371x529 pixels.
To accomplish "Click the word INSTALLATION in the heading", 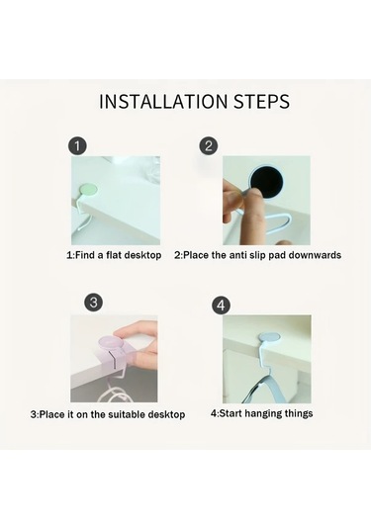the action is coord(163,101).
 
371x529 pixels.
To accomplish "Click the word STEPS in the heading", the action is coord(261,101).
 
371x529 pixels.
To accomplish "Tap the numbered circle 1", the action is coord(77,146).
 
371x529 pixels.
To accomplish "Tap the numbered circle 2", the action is coord(209,145).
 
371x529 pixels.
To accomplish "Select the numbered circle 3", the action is coord(94,302).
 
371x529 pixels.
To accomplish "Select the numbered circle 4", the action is coord(221,306).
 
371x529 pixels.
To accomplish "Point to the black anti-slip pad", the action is coord(267,182).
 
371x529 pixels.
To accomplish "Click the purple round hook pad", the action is coord(109,344).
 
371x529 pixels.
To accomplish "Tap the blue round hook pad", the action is coord(270,337).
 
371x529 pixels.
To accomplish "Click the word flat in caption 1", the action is coord(114,255).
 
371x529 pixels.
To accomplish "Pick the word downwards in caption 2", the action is coord(315,255).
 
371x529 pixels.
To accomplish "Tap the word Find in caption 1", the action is coord(85,255).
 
